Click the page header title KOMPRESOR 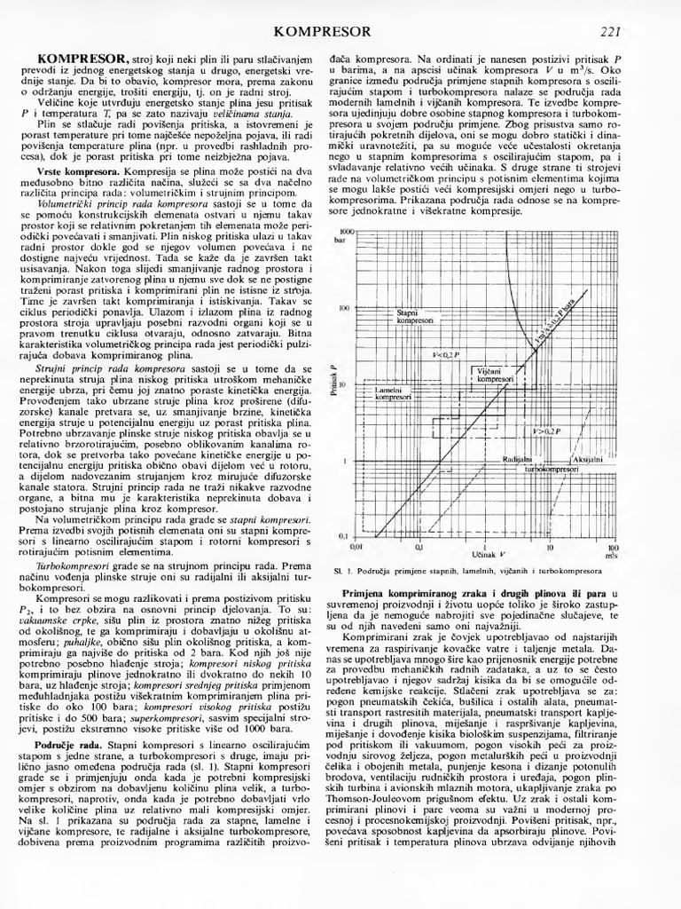323,32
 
